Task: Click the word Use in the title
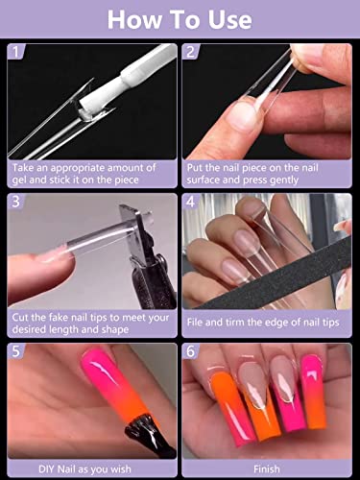[x=229, y=20]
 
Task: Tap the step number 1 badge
[x=16, y=52]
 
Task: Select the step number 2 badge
[x=191, y=52]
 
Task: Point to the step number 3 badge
[x=16, y=202]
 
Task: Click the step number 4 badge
[x=191, y=202]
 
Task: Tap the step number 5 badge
[x=16, y=351]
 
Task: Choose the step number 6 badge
[x=191, y=351]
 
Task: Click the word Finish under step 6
[x=267, y=469]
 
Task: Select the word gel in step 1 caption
[x=19, y=180]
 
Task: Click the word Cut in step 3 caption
[x=20, y=318]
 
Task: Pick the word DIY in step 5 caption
[x=46, y=469]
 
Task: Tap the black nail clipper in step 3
[x=151, y=256]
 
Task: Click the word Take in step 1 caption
[x=23, y=168]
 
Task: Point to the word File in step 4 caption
[x=195, y=323]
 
